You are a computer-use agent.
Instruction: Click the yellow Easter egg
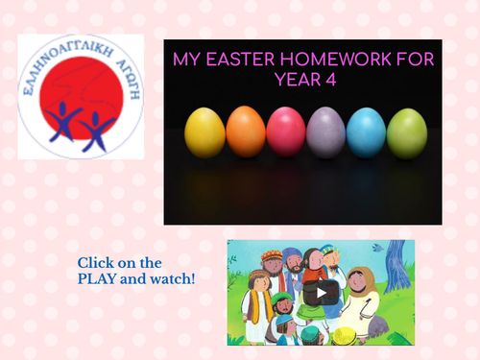(204, 132)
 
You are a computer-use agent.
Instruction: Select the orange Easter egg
(246, 132)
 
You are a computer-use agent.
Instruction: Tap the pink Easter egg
(286, 132)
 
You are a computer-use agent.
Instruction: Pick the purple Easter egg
(326, 132)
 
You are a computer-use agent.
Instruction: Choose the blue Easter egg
(366, 132)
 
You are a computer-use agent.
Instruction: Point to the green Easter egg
(407, 132)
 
